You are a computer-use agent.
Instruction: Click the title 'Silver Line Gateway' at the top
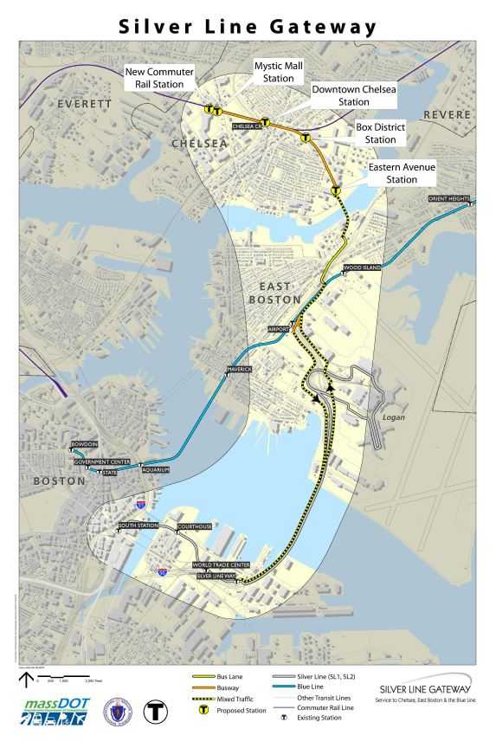point(248,26)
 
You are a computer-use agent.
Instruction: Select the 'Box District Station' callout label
point(380,133)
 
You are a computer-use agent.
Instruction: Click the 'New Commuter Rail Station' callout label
point(159,77)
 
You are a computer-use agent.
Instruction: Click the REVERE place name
point(448,115)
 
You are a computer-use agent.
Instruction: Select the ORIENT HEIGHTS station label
point(449,199)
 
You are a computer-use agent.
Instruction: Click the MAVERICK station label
point(238,370)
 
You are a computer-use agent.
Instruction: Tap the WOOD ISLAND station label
point(361,268)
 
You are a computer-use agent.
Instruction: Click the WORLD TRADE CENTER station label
point(222,564)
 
